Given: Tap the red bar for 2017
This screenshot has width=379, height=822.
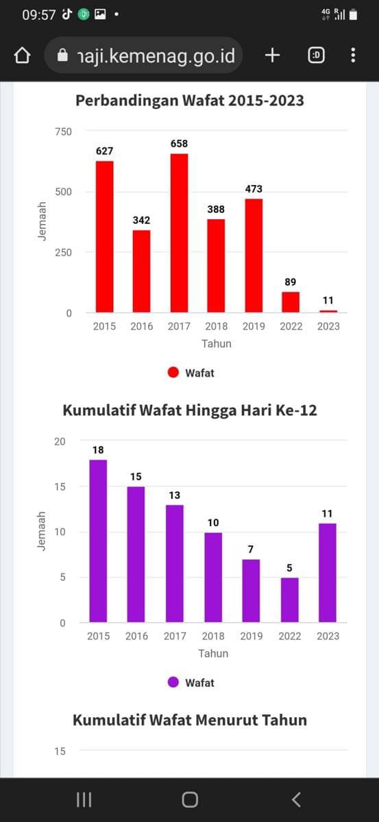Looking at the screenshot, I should [x=179, y=233].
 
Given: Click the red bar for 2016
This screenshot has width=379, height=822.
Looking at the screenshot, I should [x=141, y=271].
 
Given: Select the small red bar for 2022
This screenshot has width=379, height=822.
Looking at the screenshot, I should [x=291, y=302].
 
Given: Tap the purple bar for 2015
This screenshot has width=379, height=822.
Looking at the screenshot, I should [x=98, y=540].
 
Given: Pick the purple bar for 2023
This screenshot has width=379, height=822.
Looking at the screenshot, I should [x=328, y=573].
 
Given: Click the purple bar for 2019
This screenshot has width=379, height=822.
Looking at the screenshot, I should [x=251, y=590].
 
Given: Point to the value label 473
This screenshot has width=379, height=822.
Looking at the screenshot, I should [x=254, y=188].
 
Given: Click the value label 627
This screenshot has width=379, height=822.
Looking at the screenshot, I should [x=104, y=151].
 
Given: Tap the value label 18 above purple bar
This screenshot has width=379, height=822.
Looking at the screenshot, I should [x=98, y=450].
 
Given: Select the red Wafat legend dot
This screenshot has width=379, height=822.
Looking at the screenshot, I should [x=173, y=373].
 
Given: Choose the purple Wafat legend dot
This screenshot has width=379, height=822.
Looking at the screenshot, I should [x=173, y=682].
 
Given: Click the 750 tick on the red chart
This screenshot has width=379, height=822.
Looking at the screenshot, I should [x=63, y=131].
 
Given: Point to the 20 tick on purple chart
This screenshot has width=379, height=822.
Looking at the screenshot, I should [x=60, y=441].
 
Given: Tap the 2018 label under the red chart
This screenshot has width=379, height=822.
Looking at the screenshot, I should [x=216, y=326].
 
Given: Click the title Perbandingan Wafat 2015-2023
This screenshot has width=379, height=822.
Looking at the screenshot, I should [x=189, y=101].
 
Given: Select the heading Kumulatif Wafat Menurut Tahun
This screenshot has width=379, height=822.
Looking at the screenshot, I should [x=189, y=720].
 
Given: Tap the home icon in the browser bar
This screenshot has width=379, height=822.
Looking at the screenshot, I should [x=23, y=55].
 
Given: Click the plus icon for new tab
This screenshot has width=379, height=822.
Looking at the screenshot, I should [x=272, y=55].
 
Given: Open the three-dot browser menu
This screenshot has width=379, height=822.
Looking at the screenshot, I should [x=353, y=55].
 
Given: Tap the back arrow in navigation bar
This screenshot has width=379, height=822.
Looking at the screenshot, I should [x=296, y=799].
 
